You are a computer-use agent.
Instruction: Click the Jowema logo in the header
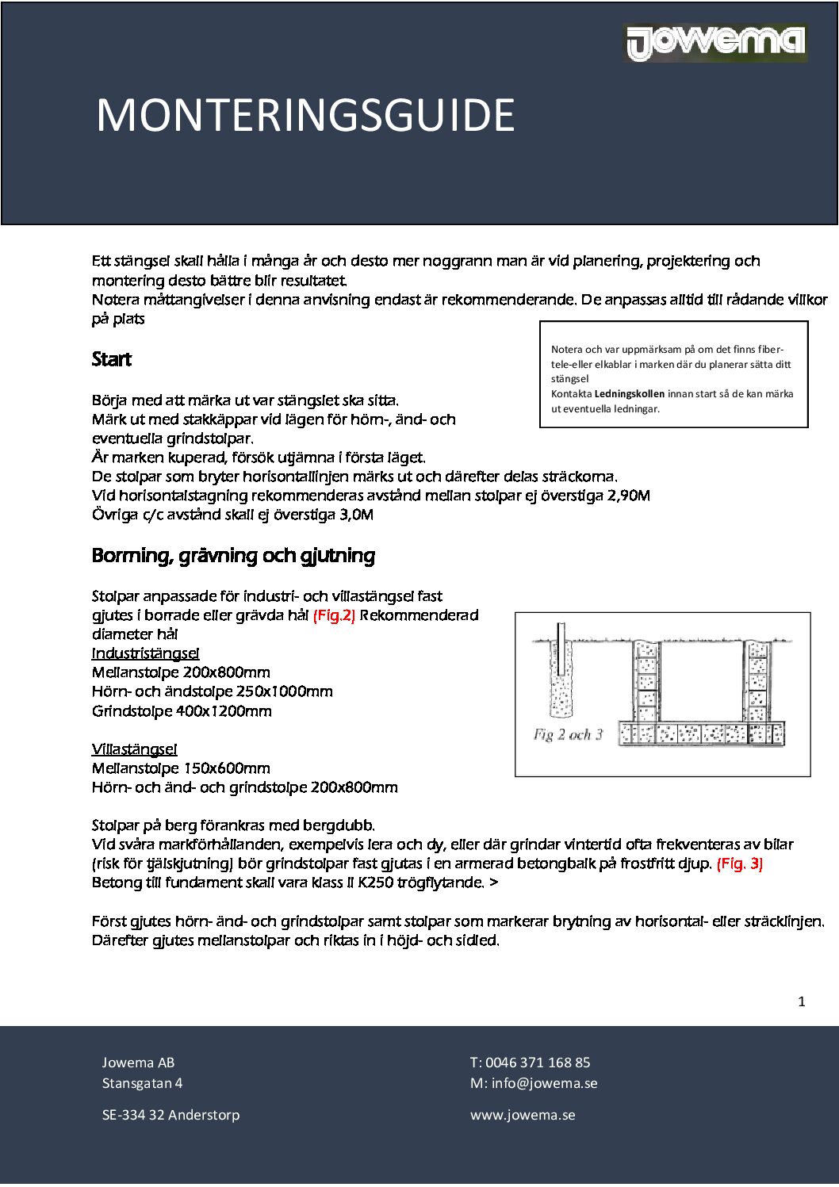716,43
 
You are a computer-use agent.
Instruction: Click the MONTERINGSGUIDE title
305,116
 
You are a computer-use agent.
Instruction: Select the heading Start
112,359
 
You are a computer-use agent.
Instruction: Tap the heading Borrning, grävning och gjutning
233,555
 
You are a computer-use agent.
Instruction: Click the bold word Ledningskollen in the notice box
630,394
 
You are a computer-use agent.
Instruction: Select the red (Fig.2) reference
334,615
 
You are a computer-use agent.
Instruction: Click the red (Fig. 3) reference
739,863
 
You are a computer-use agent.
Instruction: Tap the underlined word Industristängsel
146,653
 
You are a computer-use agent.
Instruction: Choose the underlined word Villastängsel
135,749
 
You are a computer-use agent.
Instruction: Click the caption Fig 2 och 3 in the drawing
568,735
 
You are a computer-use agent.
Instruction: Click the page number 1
801,1001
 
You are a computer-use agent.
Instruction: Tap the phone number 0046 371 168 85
538,1063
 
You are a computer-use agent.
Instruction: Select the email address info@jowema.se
544,1083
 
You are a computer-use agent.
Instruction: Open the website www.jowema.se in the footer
523,1115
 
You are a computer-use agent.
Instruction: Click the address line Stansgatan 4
142,1083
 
